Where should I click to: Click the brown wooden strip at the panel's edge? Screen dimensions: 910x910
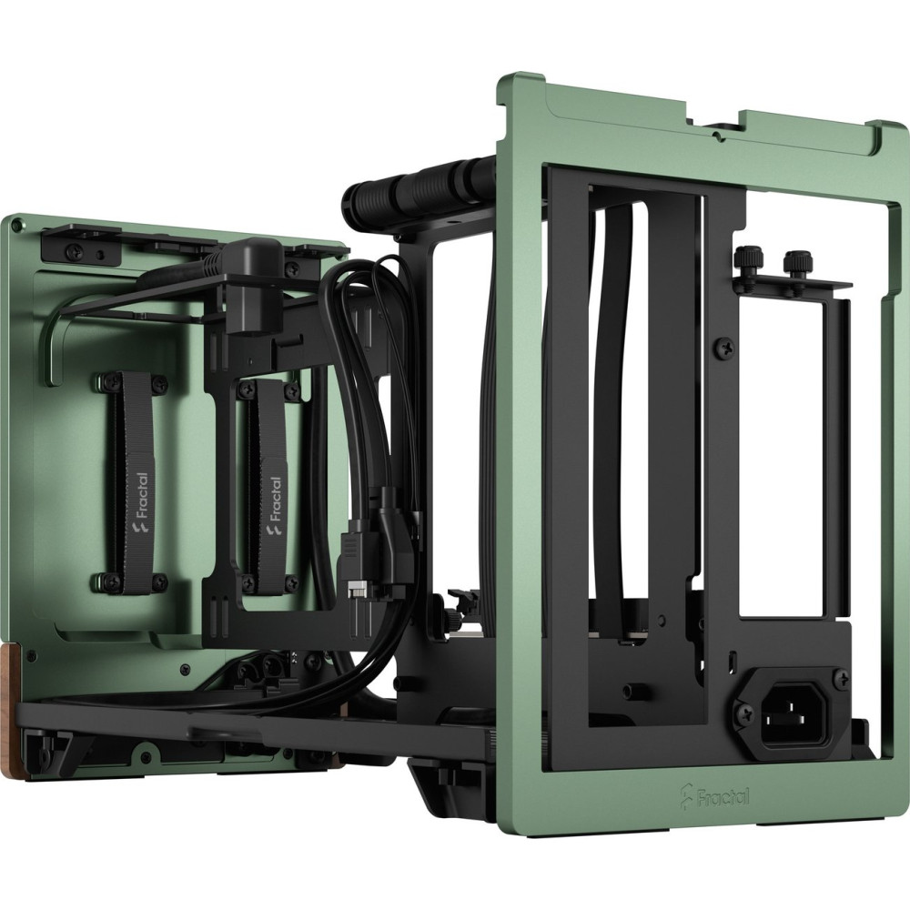click(10, 675)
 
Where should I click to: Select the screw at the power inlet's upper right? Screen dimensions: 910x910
click(840, 675)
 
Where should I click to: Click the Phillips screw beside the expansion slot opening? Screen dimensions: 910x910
click(725, 347)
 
